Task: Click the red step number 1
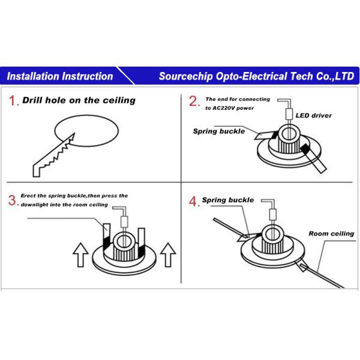pos(14,101)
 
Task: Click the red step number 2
pos(194,101)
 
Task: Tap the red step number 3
pos(13,200)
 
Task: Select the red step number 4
pos(194,202)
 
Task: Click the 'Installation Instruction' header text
pos(60,76)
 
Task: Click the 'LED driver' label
pos(314,115)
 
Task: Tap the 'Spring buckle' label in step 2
pos(218,131)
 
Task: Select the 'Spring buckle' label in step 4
pos(227,200)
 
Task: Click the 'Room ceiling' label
pos(331,233)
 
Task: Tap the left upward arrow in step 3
pos(80,256)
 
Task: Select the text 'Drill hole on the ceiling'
pos(79,100)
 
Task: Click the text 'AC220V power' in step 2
pos(230,108)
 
